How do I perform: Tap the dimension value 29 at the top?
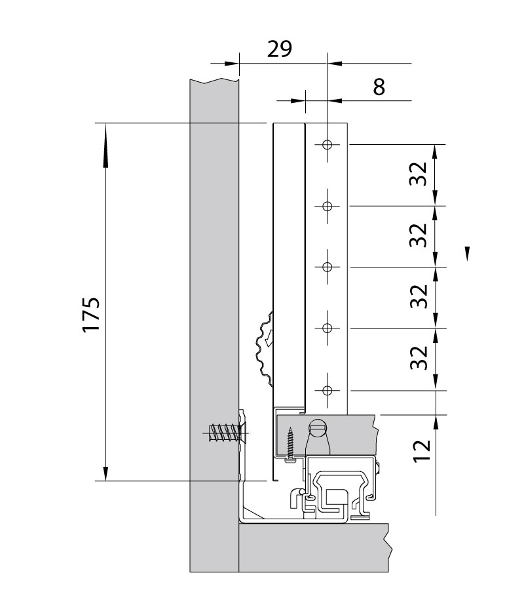(x=280, y=49)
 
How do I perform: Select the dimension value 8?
(x=379, y=87)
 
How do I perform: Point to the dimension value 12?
(x=422, y=451)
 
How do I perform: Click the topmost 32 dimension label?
(x=419, y=174)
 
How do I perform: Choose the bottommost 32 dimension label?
(x=419, y=357)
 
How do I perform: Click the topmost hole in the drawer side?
(x=327, y=145)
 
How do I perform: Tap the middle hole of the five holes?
(x=327, y=267)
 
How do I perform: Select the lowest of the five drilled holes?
(x=327, y=390)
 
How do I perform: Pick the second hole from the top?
(x=327, y=206)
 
